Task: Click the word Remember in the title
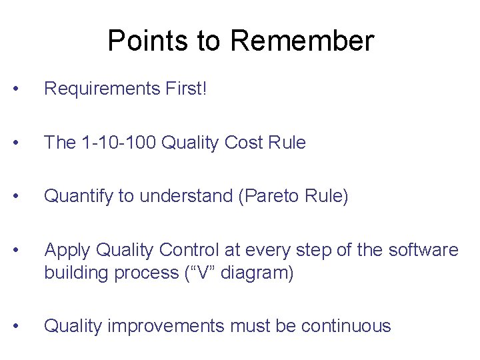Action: (302, 41)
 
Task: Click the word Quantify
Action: (74, 197)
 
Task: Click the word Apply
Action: (67, 251)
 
